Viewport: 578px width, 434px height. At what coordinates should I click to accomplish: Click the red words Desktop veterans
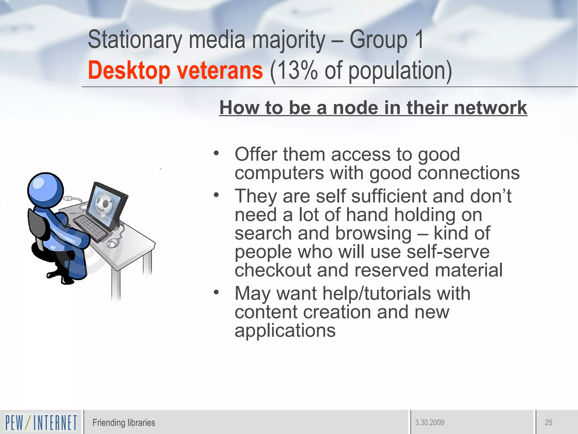pyautogui.click(x=175, y=71)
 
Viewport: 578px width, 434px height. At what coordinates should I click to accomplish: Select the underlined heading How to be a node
pyautogui.click(x=373, y=108)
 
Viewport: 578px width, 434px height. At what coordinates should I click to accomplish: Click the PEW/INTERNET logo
pyautogui.click(x=41, y=422)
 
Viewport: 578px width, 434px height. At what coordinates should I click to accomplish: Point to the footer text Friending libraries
pyautogui.click(x=124, y=423)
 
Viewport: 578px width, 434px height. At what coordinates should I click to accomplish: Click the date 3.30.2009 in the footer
pyautogui.click(x=429, y=423)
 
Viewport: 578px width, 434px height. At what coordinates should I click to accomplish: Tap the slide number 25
pyautogui.click(x=548, y=423)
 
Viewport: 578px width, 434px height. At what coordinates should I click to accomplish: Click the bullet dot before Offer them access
pyautogui.click(x=216, y=153)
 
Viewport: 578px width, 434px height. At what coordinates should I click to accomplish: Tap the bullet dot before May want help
pyautogui.click(x=216, y=292)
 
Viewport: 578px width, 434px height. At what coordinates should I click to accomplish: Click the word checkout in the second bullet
pyautogui.click(x=273, y=270)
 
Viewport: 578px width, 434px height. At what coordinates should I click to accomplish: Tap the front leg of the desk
pyautogui.click(x=116, y=285)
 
